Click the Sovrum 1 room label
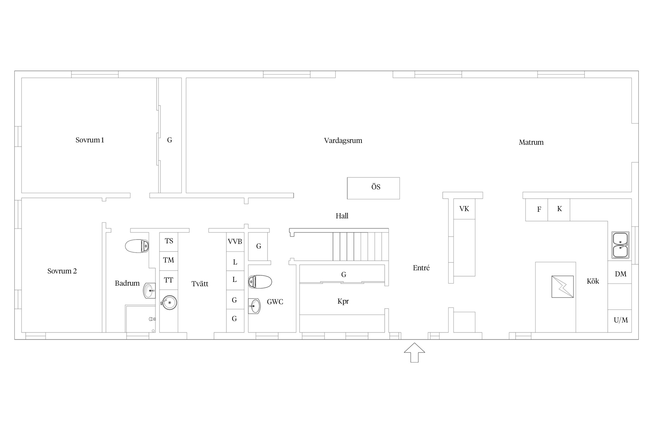click(x=90, y=140)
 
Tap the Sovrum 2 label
click(x=62, y=271)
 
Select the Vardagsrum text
click(x=343, y=141)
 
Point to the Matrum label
click(x=531, y=142)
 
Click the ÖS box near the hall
click(x=374, y=188)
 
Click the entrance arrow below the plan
click(x=414, y=352)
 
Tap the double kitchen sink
click(x=620, y=245)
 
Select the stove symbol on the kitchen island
click(x=562, y=287)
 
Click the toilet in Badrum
click(x=137, y=246)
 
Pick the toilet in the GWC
click(x=260, y=282)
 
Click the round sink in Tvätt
click(x=169, y=302)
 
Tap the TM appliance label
click(x=169, y=260)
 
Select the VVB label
click(x=235, y=242)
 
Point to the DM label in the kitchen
click(x=620, y=274)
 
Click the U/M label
click(x=621, y=320)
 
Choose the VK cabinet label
click(x=464, y=209)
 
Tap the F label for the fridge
click(x=539, y=209)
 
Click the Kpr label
click(x=343, y=302)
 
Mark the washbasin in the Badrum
click(x=149, y=291)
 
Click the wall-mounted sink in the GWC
click(x=254, y=306)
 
